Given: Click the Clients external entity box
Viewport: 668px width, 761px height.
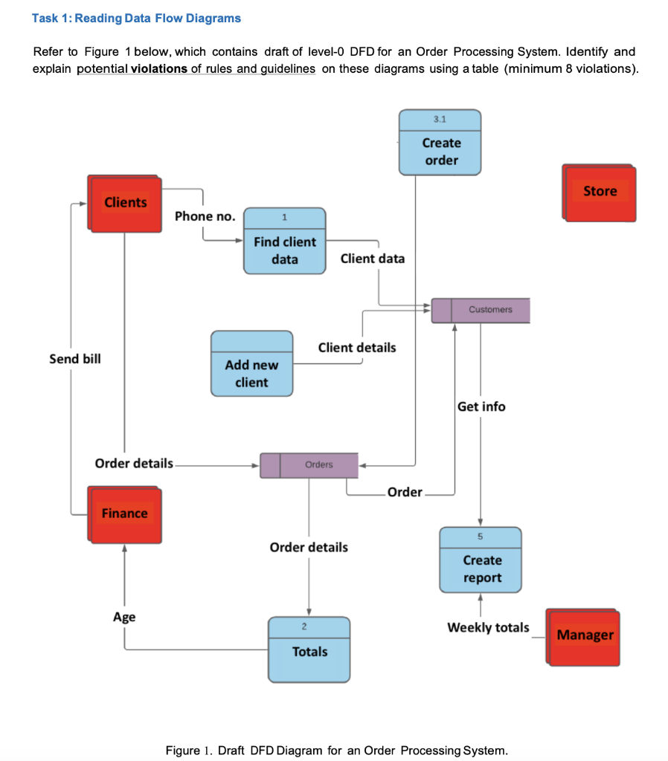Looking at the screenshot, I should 125,203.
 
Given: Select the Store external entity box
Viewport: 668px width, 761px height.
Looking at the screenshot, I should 600,192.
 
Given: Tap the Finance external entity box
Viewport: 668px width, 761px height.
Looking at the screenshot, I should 124,514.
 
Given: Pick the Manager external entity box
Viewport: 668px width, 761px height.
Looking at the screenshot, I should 584,635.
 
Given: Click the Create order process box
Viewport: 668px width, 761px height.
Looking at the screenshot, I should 440,143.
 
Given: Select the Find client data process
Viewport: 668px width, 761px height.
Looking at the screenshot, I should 285,242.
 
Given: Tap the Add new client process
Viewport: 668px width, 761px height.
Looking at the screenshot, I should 251,364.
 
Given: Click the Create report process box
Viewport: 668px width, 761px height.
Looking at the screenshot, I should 481,561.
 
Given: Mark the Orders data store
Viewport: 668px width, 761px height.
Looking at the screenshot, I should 309,464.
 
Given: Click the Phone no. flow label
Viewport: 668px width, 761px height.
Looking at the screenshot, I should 205,216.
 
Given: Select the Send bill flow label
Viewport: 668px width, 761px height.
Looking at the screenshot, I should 75,359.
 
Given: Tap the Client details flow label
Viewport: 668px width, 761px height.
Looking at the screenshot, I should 357,347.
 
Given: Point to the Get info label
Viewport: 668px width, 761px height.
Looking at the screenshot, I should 481,407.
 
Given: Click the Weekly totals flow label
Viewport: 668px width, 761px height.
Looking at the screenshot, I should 488,627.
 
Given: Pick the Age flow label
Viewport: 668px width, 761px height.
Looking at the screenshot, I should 124,617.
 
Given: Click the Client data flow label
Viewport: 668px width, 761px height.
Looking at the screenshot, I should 372,259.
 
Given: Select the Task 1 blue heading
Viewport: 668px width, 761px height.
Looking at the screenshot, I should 136,18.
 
